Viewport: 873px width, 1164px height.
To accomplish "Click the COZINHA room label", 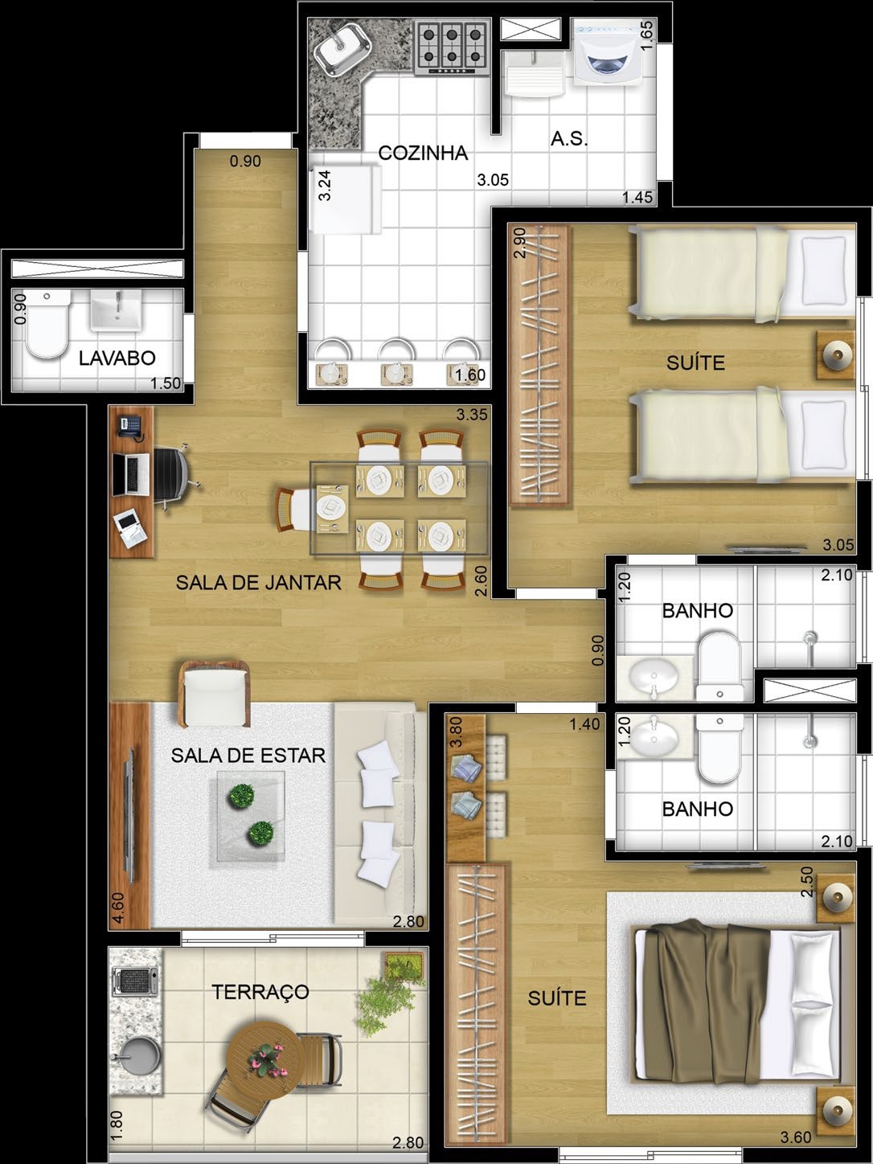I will pyautogui.click(x=423, y=153).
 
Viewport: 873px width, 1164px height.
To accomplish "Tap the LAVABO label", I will pyautogui.click(x=117, y=359).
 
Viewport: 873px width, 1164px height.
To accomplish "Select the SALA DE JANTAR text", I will pyautogui.click(x=259, y=583).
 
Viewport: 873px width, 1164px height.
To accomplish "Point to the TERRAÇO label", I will pyautogui.click(x=260, y=991).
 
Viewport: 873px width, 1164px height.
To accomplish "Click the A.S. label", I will pyautogui.click(x=569, y=139).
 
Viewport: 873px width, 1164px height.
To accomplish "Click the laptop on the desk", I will pyautogui.click(x=131, y=474).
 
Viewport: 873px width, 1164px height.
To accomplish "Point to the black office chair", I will pyautogui.click(x=171, y=476).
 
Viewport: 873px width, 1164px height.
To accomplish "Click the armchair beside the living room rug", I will pyautogui.click(x=214, y=691).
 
